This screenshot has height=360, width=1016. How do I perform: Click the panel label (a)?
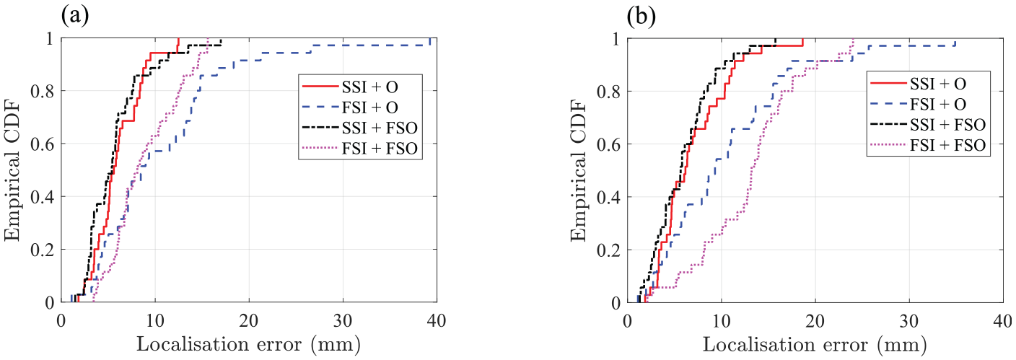pos(75,17)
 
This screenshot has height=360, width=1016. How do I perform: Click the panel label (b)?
pos(641,17)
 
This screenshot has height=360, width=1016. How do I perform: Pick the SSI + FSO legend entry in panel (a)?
pos(360,128)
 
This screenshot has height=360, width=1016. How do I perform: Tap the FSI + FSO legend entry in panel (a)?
pos(360,149)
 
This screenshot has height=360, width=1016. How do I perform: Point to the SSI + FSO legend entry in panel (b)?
pos(928,125)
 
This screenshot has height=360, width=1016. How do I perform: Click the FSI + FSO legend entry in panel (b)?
pos(928,146)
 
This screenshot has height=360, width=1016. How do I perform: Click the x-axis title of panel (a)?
pos(249,345)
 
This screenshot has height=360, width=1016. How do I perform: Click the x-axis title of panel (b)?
pos(815,345)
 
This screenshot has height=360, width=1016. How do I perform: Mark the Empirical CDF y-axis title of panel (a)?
pos(14,172)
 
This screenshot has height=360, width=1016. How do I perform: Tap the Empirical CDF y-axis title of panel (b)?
pos(579,172)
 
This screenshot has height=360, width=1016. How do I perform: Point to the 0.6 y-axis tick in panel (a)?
pos(42,144)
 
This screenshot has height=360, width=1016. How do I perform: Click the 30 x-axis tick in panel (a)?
pos(343,321)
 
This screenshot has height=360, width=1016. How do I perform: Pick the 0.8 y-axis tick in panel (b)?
pos(608,92)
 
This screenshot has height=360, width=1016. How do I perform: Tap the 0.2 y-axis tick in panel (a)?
pos(42,250)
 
